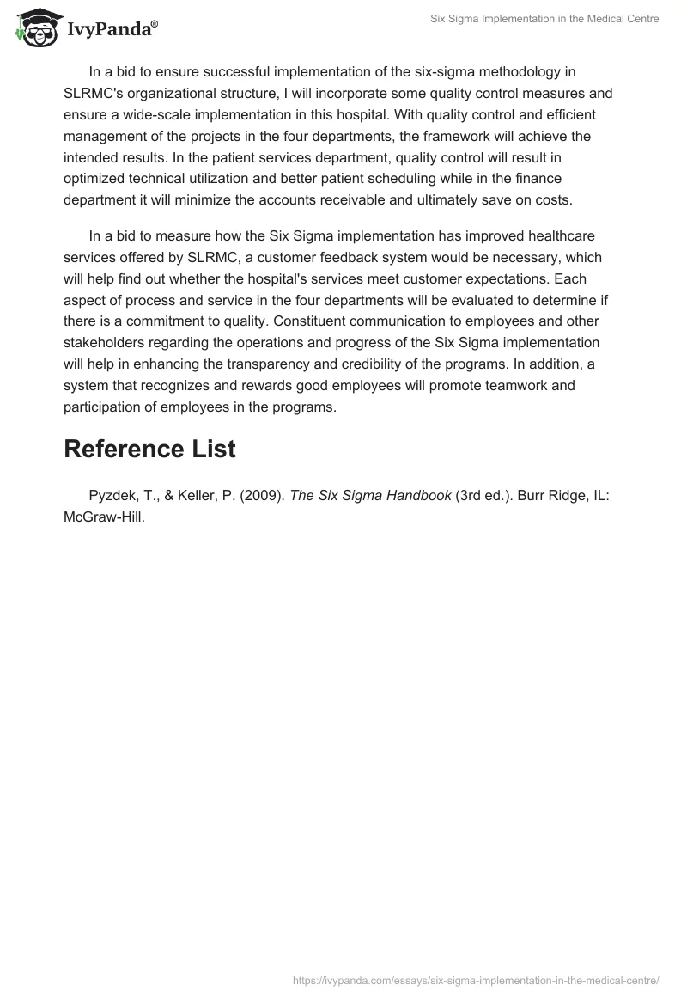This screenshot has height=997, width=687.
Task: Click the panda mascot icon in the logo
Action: [33, 28]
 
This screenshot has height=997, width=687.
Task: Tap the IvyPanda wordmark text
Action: [112, 30]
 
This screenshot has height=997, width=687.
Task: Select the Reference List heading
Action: [149, 449]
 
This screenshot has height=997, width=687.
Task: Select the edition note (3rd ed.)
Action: [486, 497]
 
